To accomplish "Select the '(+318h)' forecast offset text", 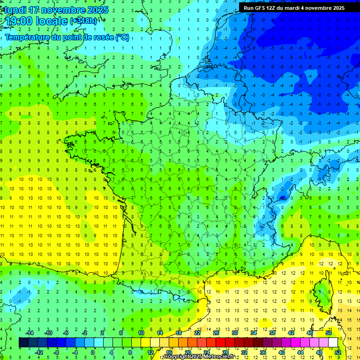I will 83,21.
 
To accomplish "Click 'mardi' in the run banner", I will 297,8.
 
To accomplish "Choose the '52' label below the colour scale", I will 337,352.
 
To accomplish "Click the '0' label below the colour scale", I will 93,352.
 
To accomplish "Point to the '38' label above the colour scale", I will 272,333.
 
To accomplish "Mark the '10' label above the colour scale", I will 141,333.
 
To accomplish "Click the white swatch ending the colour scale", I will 333,343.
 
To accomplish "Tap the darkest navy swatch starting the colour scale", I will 23,343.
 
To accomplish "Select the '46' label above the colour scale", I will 309,333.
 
